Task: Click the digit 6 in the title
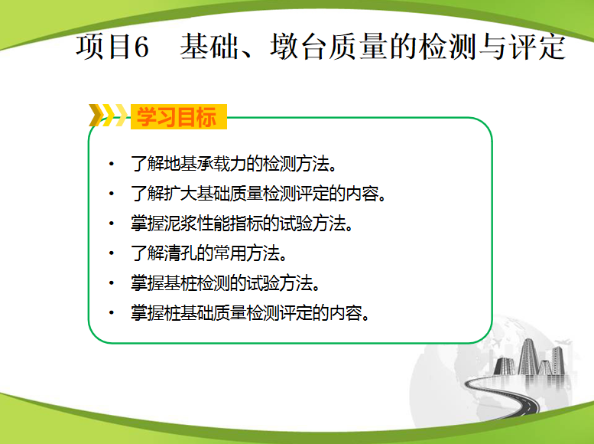point(141,47)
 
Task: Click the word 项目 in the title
point(103,47)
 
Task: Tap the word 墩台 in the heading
point(297,47)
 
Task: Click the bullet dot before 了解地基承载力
point(112,164)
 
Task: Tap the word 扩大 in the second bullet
point(180,194)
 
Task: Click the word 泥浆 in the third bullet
point(180,223)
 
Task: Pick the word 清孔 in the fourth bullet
point(180,253)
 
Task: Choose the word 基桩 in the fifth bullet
point(180,283)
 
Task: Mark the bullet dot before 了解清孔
point(112,253)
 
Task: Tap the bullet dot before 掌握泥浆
point(112,223)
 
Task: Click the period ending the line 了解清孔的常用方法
point(283,259)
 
